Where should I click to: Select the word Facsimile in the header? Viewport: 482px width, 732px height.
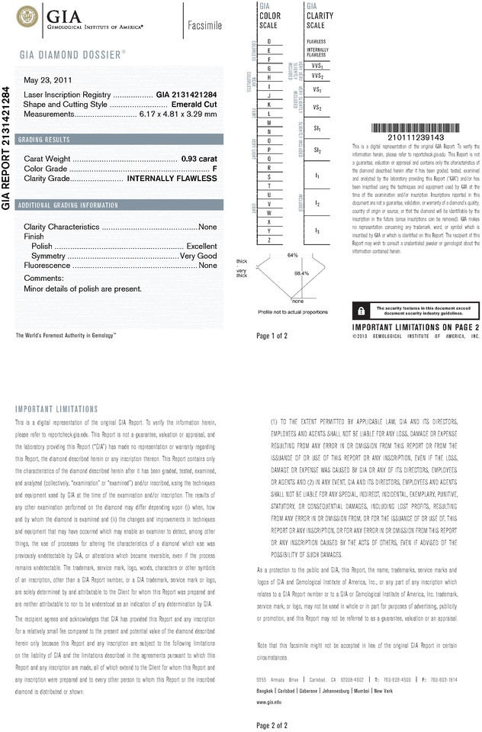tap(204, 26)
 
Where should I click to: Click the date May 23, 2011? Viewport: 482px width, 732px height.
tap(47, 80)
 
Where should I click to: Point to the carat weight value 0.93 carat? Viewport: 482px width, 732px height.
tap(199, 158)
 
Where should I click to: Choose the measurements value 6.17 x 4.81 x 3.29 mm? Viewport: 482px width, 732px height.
tap(179, 114)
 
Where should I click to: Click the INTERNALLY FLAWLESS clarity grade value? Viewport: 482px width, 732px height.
tap(172, 178)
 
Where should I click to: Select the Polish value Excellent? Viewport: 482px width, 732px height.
tap(202, 247)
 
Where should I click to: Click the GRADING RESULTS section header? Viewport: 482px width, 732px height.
tap(45, 140)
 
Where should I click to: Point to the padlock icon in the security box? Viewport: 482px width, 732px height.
tap(359, 311)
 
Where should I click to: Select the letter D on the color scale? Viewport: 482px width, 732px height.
tap(269, 40)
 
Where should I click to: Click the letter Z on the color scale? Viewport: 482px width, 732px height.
tap(269, 240)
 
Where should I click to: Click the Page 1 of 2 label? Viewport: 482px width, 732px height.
tap(272, 336)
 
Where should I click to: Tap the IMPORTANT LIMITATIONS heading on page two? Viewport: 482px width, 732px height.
tap(57, 409)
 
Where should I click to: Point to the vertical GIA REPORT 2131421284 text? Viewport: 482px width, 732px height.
tap(6, 149)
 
